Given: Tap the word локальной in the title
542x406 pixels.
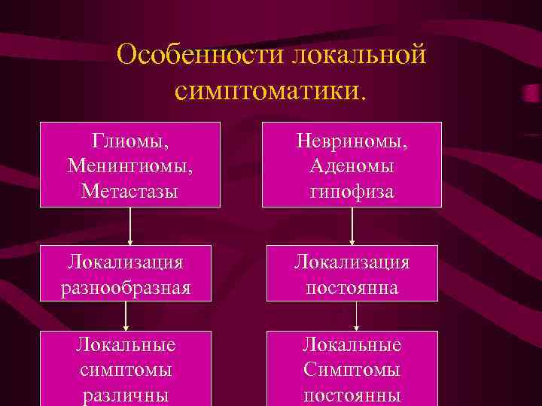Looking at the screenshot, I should pos(359,55).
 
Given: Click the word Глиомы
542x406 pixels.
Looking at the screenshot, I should pos(130,141).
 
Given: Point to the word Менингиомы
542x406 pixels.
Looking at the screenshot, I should pos(130,165).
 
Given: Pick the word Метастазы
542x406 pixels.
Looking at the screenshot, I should pos(130,190).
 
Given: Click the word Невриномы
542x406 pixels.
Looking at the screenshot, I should pos(352,141).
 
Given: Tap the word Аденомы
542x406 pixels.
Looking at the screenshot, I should pos(352,165).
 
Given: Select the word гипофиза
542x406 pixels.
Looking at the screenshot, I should pos(352,190).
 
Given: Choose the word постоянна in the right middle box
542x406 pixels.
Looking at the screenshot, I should pos(352,288).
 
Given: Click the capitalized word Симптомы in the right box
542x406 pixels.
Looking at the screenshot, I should pos(352,370).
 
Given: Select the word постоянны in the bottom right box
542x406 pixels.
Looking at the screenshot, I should pos(352,395).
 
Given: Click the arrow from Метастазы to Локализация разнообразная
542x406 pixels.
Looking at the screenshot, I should pos(130,226).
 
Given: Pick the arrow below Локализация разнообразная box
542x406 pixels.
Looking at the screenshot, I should pos(126,316).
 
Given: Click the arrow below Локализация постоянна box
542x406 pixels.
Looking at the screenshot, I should pos(355,316).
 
